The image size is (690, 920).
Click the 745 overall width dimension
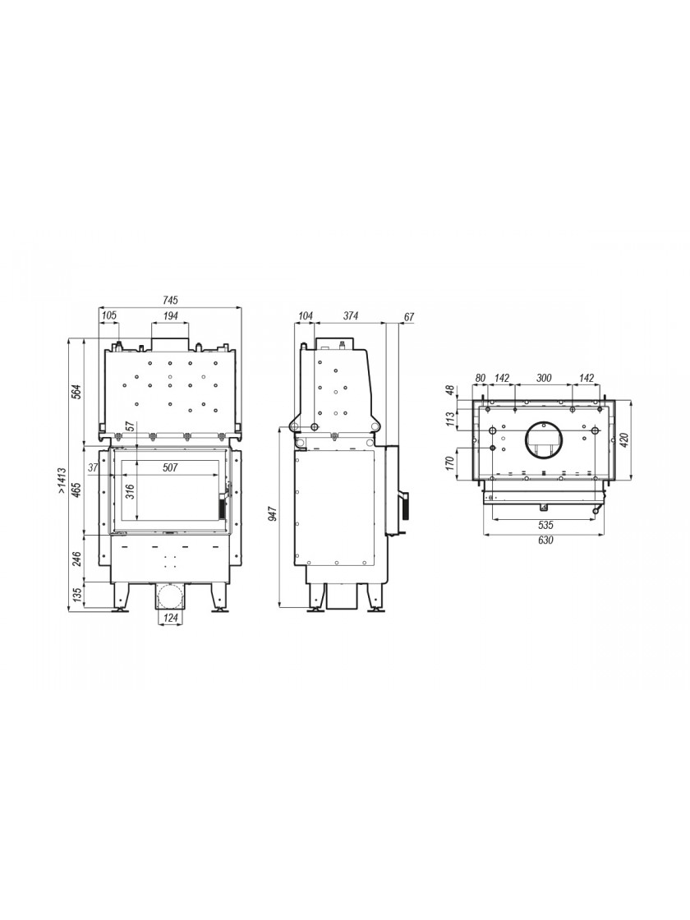pyautogui.click(x=170, y=301)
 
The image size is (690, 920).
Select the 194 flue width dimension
pyautogui.click(x=170, y=315)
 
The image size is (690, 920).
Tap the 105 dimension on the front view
pyautogui.click(x=109, y=315)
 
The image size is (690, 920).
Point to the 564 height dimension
pyautogui.click(x=76, y=390)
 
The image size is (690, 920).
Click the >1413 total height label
pyautogui.click(x=62, y=481)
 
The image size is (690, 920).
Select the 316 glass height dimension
pyautogui.click(x=130, y=490)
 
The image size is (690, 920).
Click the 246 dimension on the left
pyautogui.click(x=76, y=558)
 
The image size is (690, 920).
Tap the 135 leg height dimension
pyautogui.click(x=76, y=596)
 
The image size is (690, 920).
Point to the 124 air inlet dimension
pyautogui.click(x=170, y=617)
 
